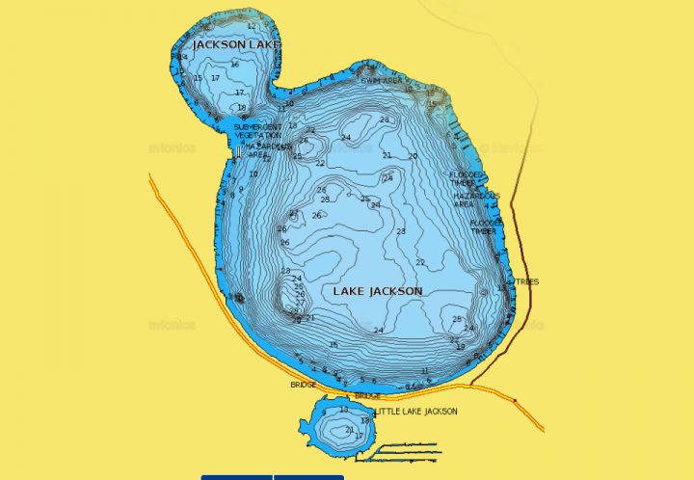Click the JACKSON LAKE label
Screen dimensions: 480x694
pyautogui.click(x=236, y=45)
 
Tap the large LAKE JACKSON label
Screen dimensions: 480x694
pyautogui.click(x=378, y=291)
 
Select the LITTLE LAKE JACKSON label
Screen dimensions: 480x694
pyautogui.click(x=416, y=412)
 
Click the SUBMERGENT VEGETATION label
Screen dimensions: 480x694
pyautogui.click(x=258, y=131)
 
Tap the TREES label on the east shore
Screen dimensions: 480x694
pyautogui.click(x=528, y=281)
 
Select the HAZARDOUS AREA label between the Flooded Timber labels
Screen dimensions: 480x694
pyautogui.click(x=476, y=200)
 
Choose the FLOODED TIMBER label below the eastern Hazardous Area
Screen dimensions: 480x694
pyautogui.click(x=484, y=227)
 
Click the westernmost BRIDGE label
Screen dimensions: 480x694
pyautogui.click(x=303, y=385)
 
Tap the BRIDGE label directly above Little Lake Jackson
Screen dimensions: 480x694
pyautogui.click(x=367, y=396)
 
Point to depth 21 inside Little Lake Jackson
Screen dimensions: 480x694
pyautogui.click(x=349, y=429)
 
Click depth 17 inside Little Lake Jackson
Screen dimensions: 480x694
pyautogui.click(x=360, y=437)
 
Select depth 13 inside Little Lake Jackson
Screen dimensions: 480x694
pyautogui.click(x=343, y=410)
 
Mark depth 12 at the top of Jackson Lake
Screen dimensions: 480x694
pyautogui.click(x=252, y=27)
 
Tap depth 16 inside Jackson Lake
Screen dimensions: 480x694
pyautogui.click(x=234, y=65)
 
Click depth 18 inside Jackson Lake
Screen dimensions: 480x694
pyautogui.click(x=241, y=108)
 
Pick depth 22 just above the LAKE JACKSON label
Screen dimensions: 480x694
pyautogui.click(x=420, y=262)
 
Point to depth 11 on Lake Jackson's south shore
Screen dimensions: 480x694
pyautogui.click(x=425, y=371)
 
